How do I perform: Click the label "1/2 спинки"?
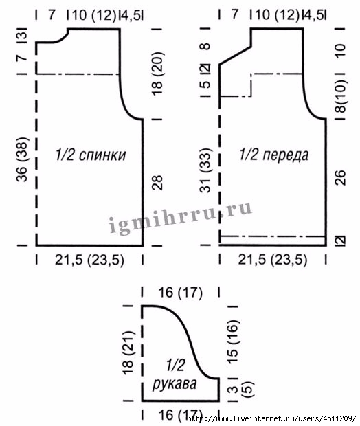91,155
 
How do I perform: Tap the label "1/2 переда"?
274,155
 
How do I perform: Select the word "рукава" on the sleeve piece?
175,384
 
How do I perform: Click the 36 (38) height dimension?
22,159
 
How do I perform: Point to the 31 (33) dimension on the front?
205,170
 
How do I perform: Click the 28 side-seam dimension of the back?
157,182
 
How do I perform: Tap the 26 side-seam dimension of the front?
341,178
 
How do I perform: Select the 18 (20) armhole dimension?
157,74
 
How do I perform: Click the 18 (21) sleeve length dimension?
128,352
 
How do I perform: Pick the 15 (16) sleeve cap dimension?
232,341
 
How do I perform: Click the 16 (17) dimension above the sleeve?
181,293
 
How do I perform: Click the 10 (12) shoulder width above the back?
94,14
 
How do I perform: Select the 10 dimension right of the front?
341,51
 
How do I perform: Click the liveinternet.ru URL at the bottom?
271,418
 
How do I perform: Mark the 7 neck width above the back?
52,14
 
